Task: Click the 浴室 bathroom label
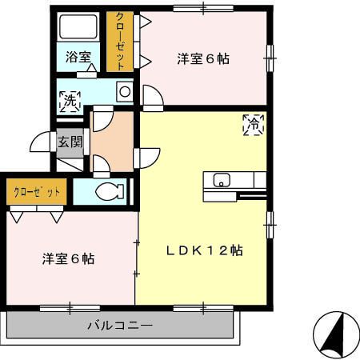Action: pos(78,58)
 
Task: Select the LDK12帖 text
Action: pos(205,250)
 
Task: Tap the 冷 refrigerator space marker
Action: pos(254,124)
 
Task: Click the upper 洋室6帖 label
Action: pos(203,58)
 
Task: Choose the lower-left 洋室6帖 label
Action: pos(69,258)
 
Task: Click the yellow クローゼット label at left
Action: pos(38,193)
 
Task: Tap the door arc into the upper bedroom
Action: pos(152,97)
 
